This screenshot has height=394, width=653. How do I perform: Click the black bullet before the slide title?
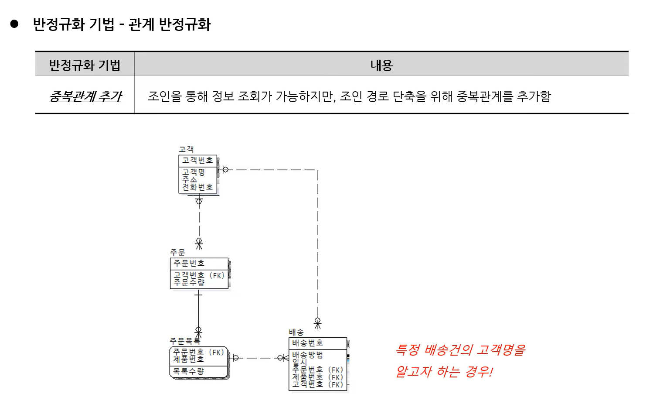point(14,24)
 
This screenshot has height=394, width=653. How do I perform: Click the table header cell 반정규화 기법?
point(85,65)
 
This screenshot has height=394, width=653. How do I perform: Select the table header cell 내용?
point(381,65)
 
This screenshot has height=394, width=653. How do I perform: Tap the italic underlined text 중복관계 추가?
point(85,96)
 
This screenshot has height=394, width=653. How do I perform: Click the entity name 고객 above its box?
point(186,150)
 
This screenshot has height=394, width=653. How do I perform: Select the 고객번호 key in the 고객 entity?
point(197,161)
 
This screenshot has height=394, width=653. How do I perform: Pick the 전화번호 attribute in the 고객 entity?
point(197,187)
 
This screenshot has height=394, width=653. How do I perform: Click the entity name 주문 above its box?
point(177,253)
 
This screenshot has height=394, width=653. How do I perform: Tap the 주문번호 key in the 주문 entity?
point(189,264)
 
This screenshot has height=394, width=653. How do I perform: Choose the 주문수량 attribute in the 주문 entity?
point(189,283)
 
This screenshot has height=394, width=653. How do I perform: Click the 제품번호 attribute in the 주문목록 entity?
point(188,359)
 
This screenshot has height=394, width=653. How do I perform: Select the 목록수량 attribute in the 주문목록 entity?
point(188,371)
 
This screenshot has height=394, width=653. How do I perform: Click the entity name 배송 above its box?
point(296,332)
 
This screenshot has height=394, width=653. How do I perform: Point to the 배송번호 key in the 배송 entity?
point(307,343)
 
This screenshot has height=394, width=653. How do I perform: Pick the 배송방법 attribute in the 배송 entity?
point(307,355)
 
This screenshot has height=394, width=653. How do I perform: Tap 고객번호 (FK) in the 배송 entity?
point(317,384)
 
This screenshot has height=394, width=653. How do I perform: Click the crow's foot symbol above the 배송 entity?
point(318,323)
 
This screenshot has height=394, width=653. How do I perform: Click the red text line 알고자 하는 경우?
point(444,372)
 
